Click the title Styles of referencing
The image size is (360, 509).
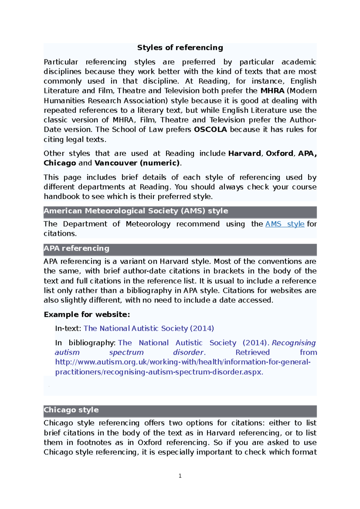point(180,48)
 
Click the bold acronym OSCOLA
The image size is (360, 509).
point(210,129)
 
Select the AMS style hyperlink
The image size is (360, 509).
point(285,224)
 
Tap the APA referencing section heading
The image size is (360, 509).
point(76,249)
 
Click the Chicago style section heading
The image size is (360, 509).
point(71,410)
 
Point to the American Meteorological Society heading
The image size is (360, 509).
point(136,211)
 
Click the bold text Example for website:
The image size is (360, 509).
point(87,314)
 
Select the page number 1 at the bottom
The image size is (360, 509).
point(180,476)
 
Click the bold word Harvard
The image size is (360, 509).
point(244,153)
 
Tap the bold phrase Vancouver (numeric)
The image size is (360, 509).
point(137,163)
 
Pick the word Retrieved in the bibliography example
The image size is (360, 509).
point(253,353)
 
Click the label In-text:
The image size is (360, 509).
point(68,329)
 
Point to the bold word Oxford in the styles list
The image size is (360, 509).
point(279,153)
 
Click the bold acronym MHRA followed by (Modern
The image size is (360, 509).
point(272,91)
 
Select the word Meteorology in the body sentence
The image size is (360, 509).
point(148,224)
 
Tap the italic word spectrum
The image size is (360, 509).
point(126,353)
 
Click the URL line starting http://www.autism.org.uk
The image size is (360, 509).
point(183,362)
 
